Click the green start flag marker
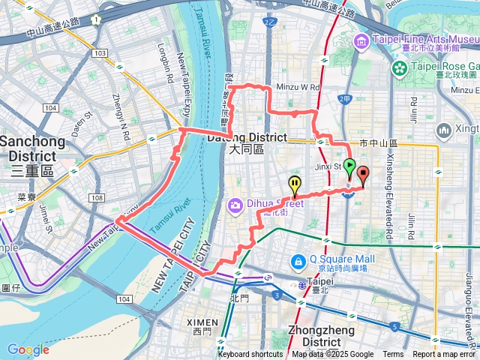pos(349,168)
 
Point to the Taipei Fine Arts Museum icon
pos(361,39)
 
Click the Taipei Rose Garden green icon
pos(399,69)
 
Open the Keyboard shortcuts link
pos(250,355)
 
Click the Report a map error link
pos(443,355)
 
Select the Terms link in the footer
pos(393,355)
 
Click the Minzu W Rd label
pos(298,87)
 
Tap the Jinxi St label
pos(327,166)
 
